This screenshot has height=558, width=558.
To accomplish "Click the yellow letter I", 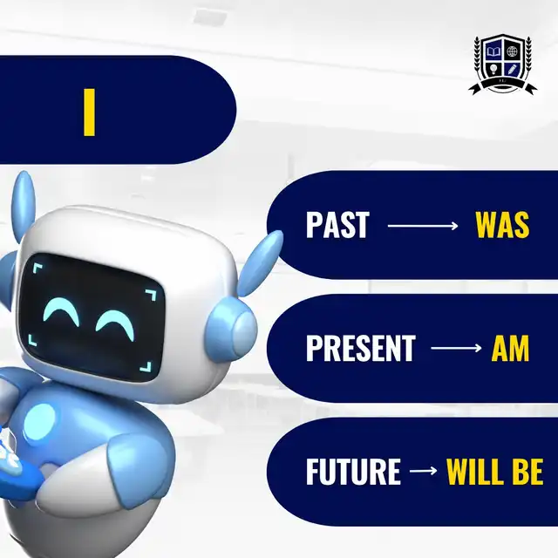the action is [x=89, y=112].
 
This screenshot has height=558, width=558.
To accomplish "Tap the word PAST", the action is [x=337, y=225].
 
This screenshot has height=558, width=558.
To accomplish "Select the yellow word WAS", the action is [x=502, y=225].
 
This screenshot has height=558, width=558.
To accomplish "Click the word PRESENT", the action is [x=360, y=348].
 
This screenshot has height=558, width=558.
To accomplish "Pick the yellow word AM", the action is [x=510, y=348].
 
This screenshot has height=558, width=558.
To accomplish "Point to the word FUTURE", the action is [x=353, y=471].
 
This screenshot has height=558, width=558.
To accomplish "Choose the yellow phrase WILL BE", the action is [x=494, y=471].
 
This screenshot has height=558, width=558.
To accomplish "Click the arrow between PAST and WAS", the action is [x=422, y=226].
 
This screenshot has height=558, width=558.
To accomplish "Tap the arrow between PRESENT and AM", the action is [x=456, y=348].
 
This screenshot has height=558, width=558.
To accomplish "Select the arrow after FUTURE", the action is [x=423, y=471].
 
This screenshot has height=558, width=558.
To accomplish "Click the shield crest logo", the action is [x=502, y=65].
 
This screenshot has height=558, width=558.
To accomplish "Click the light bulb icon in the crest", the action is [x=493, y=69].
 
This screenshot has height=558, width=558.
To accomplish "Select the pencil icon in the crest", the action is [x=512, y=69].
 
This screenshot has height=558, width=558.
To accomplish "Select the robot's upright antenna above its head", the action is [x=24, y=203].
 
